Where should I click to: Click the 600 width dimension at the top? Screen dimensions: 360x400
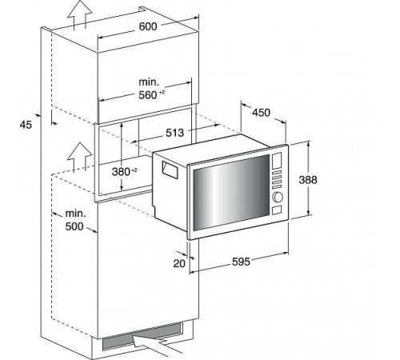(146, 26)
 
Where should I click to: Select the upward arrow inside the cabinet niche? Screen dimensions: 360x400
(78, 155)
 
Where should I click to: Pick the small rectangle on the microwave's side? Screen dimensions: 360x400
(170, 169)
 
